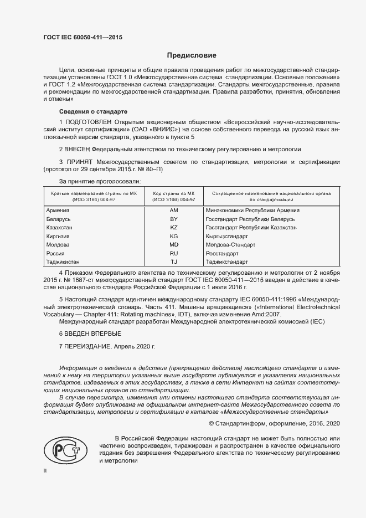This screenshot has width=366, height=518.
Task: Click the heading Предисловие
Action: [192, 56]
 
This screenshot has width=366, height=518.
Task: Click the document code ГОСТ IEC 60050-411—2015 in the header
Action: [83, 37]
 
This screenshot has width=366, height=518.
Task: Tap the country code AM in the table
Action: [173, 211]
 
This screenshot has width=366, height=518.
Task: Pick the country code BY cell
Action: [173, 219]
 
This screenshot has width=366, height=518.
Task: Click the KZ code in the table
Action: [173, 228]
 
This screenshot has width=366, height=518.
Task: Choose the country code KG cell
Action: [173, 236]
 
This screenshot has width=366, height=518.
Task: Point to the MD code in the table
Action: [173, 244]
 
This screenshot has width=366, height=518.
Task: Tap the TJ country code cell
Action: [173, 261]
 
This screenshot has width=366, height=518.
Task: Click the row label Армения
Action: [58, 211]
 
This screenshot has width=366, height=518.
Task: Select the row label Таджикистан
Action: [64, 261]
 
